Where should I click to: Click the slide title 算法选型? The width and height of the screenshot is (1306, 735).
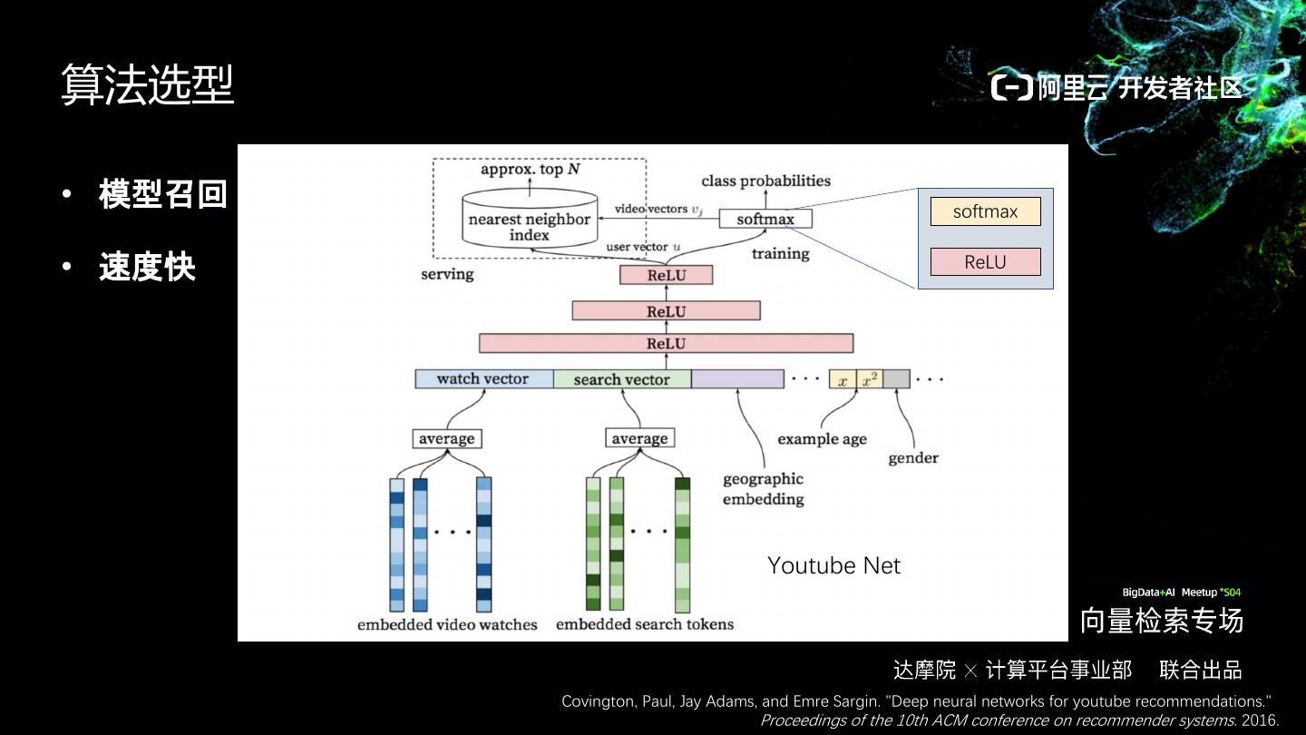(x=148, y=84)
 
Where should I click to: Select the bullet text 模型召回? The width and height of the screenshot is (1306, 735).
(x=163, y=194)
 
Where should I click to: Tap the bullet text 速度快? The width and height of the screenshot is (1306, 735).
(x=147, y=268)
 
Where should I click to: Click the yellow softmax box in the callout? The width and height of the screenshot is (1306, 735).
(x=985, y=211)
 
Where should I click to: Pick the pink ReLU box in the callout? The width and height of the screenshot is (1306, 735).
(x=985, y=262)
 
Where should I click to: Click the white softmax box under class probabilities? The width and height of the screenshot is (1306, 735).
(x=765, y=219)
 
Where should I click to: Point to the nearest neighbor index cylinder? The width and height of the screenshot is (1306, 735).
(x=529, y=220)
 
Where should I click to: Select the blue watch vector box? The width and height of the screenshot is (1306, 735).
(x=483, y=379)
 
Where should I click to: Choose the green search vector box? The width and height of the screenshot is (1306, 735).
(x=622, y=379)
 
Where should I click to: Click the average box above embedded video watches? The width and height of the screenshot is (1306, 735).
(x=446, y=439)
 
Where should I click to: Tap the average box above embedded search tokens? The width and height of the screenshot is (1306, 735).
(x=639, y=439)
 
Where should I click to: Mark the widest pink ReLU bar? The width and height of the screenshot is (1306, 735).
(x=666, y=344)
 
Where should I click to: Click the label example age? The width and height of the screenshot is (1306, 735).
(x=822, y=439)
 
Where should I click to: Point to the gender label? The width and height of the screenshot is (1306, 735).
(x=912, y=458)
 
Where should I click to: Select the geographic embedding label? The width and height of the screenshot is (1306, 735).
(x=763, y=489)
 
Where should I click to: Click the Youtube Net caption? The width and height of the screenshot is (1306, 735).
(x=833, y=566)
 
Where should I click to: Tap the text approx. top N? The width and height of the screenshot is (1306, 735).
(x=531, y=170)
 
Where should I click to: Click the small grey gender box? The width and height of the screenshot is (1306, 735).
(x=896, y=379)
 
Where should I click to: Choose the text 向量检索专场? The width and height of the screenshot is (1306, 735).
(x=1161, y=621)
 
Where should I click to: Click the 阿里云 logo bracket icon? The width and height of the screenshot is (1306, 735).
(x=1011, y=88)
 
